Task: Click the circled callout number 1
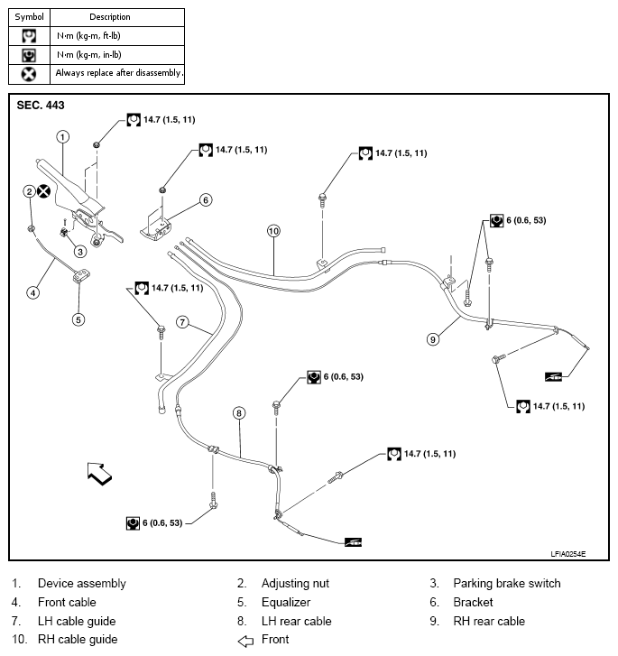click(x=62, y=137)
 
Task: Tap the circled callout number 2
click(x=30, y=191)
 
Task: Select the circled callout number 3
click(x=79, y=252)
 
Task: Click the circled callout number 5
click(x=78, y=319)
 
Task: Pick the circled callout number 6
click(x=206, y=199)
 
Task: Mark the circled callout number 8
click(x=239, y=413)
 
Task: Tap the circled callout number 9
click(x=433, y=339)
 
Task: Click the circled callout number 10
click(x=274, y=231)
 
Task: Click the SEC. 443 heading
click(x=41, y=106)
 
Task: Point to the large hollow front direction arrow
click(x=98, y=473)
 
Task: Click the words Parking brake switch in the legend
click(x=506, y=584)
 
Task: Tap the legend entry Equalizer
click(x=286, y=602)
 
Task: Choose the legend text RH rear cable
click(x=488, y=621)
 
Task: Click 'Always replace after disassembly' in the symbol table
click(x=118, y=72)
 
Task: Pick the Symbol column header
click(x=29, y=16)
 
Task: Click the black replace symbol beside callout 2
click(x=44, y=191)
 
